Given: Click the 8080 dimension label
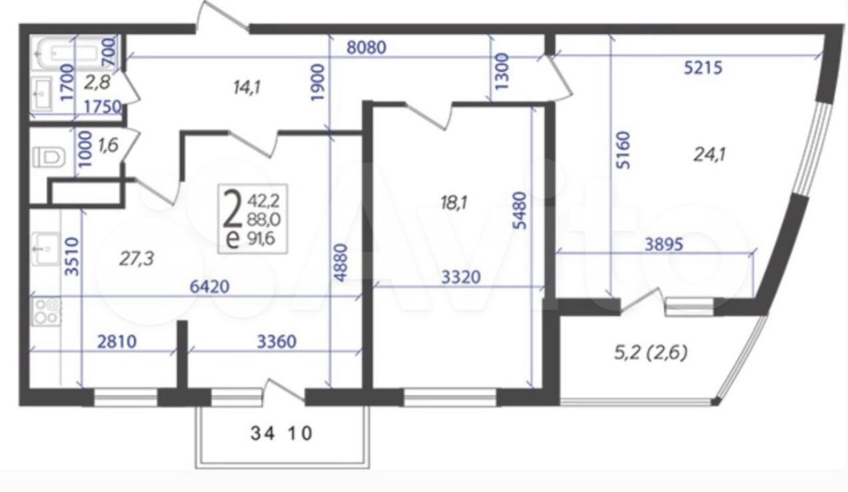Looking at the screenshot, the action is tap(367, 48).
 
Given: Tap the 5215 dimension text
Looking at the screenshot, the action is tap(703, 68).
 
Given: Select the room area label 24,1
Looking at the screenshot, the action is tap(709, 155).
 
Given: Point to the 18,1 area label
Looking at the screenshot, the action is tap(454, 203).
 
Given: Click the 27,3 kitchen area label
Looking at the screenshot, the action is tap(137, 259).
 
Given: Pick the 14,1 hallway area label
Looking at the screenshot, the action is tap(247, 88).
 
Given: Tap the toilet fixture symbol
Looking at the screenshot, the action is tap(49, 157).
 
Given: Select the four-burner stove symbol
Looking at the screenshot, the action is tap(47, 311).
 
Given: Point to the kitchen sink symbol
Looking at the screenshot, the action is tap(46, 249).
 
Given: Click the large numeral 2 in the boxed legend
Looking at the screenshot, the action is tap(232, 209).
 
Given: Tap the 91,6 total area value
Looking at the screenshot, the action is tap(261, 239).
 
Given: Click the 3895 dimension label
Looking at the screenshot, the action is tap(664, 245).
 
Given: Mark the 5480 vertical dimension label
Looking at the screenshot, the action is tap(521, 211).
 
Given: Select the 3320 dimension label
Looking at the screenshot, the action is tap(461, 277).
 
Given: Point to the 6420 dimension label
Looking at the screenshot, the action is tap(209, 287).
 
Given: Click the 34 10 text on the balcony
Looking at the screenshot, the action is tap(281, 434).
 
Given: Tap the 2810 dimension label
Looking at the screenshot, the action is tap(117, 342).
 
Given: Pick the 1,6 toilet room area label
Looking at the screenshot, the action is tap(108, 145).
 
